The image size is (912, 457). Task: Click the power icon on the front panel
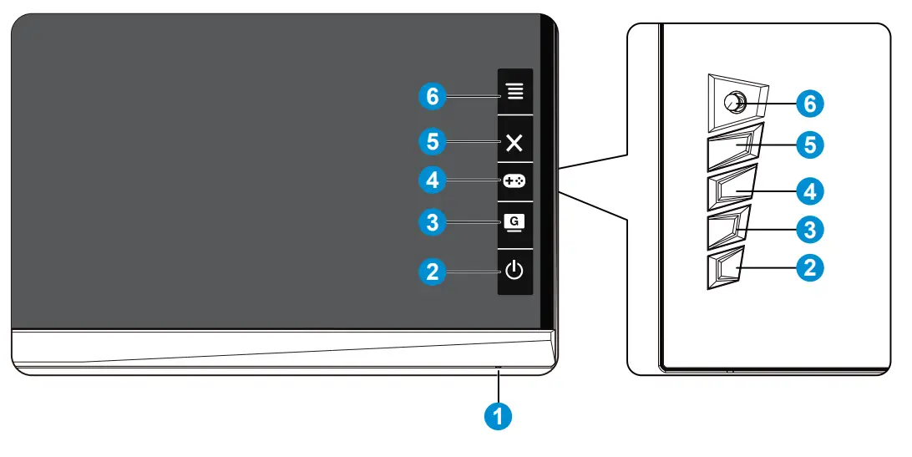point(514,271)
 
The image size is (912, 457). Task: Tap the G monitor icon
point(514,223)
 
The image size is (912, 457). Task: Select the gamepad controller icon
point(514,179)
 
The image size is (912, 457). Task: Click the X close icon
point(514,142)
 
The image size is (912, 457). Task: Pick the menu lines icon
point(514,91)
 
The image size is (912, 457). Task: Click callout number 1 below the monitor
point(499,415)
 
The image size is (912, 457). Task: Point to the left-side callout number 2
point(432,271)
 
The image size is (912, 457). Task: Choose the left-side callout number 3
point(432,223)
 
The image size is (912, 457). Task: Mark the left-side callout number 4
point(432,179)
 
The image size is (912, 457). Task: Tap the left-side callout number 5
point(432,142)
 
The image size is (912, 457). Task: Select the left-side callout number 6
point(432,97)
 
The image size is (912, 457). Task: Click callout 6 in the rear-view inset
point(808,103)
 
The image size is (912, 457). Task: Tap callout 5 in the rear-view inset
point(808,145)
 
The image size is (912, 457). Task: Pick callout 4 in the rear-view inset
point(808,190)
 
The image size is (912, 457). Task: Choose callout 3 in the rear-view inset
point(808,227)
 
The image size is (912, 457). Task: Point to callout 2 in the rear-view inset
point(808,267)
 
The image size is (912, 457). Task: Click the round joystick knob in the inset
point(734,102)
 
